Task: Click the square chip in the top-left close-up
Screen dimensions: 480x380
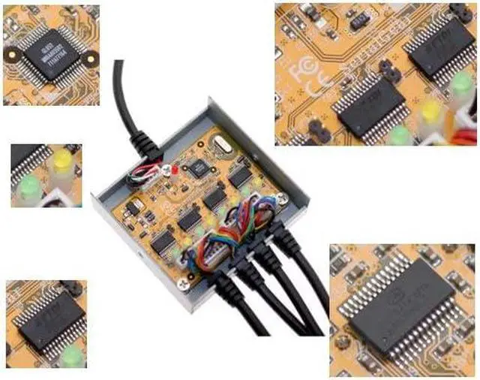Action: [50, 56]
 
